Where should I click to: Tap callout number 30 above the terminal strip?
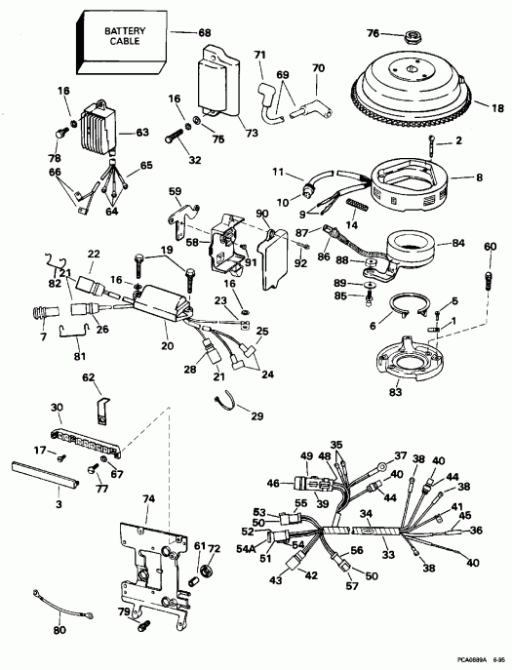[56, 408]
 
